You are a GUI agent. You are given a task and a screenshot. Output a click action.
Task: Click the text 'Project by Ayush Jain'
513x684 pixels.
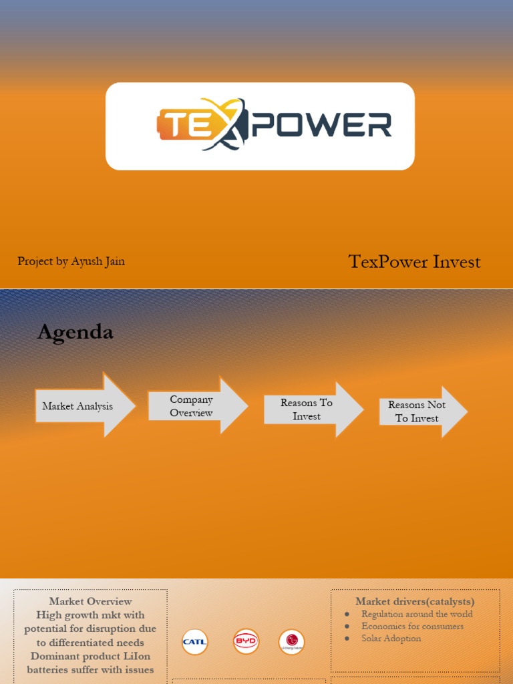71,261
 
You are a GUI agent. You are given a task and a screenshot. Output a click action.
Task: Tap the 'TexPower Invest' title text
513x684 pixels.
414,262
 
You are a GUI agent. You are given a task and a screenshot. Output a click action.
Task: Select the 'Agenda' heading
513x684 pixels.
75,332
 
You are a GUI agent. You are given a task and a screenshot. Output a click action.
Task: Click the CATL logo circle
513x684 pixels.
194,642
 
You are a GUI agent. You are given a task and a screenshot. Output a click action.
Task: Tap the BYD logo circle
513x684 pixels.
246,642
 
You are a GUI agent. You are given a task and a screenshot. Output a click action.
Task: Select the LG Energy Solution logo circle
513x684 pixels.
291,642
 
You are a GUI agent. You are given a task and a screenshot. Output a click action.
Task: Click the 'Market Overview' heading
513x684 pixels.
90,602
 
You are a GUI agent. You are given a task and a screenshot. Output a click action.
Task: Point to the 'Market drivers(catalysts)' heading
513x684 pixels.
415,602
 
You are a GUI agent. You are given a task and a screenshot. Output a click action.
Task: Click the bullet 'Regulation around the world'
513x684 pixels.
417,614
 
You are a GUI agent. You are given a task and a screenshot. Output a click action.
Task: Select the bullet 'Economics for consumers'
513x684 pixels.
412,626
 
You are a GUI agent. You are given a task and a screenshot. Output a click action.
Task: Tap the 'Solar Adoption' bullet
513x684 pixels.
391,638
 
